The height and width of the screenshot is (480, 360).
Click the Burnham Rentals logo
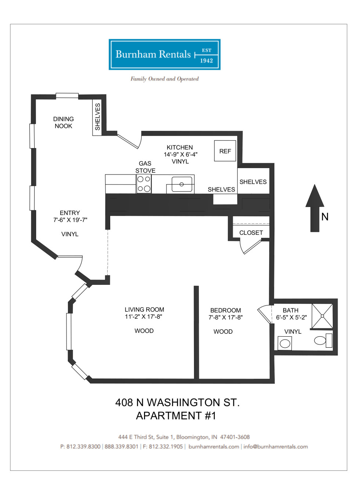[x=164, y=54]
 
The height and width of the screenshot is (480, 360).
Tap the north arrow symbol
[x=315, y=208]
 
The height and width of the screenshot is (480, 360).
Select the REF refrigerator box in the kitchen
[x=225, y=151]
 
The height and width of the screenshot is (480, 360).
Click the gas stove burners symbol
[x=144, y=184]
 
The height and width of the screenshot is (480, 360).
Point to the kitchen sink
[x=182, y=184]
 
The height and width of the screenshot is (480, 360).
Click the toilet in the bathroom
[x=323, y=340]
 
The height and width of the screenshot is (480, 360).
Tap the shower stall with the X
[x=322, y=316]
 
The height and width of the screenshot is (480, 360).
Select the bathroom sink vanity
[x=285, y=344]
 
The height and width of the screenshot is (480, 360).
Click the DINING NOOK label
[x=64, y=122]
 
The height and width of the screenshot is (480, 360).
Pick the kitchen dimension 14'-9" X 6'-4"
[x=180, y=154]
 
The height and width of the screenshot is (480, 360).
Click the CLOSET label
[x=251, y=233]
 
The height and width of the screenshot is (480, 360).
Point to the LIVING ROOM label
[x=144, y=309]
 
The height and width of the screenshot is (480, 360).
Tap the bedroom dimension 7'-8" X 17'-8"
[x=226, y=318]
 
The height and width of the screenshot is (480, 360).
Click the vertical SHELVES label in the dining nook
[x=97, y=117]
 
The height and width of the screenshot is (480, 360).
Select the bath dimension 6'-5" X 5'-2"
[x=291, y=318]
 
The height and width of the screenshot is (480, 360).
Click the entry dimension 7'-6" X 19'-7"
[x=70, y=220]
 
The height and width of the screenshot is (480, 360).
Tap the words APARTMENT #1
[x=176, y=416]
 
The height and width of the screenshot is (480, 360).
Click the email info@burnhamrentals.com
[x=276, y=447]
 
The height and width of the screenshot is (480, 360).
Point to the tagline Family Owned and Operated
[x=165, y=79]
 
